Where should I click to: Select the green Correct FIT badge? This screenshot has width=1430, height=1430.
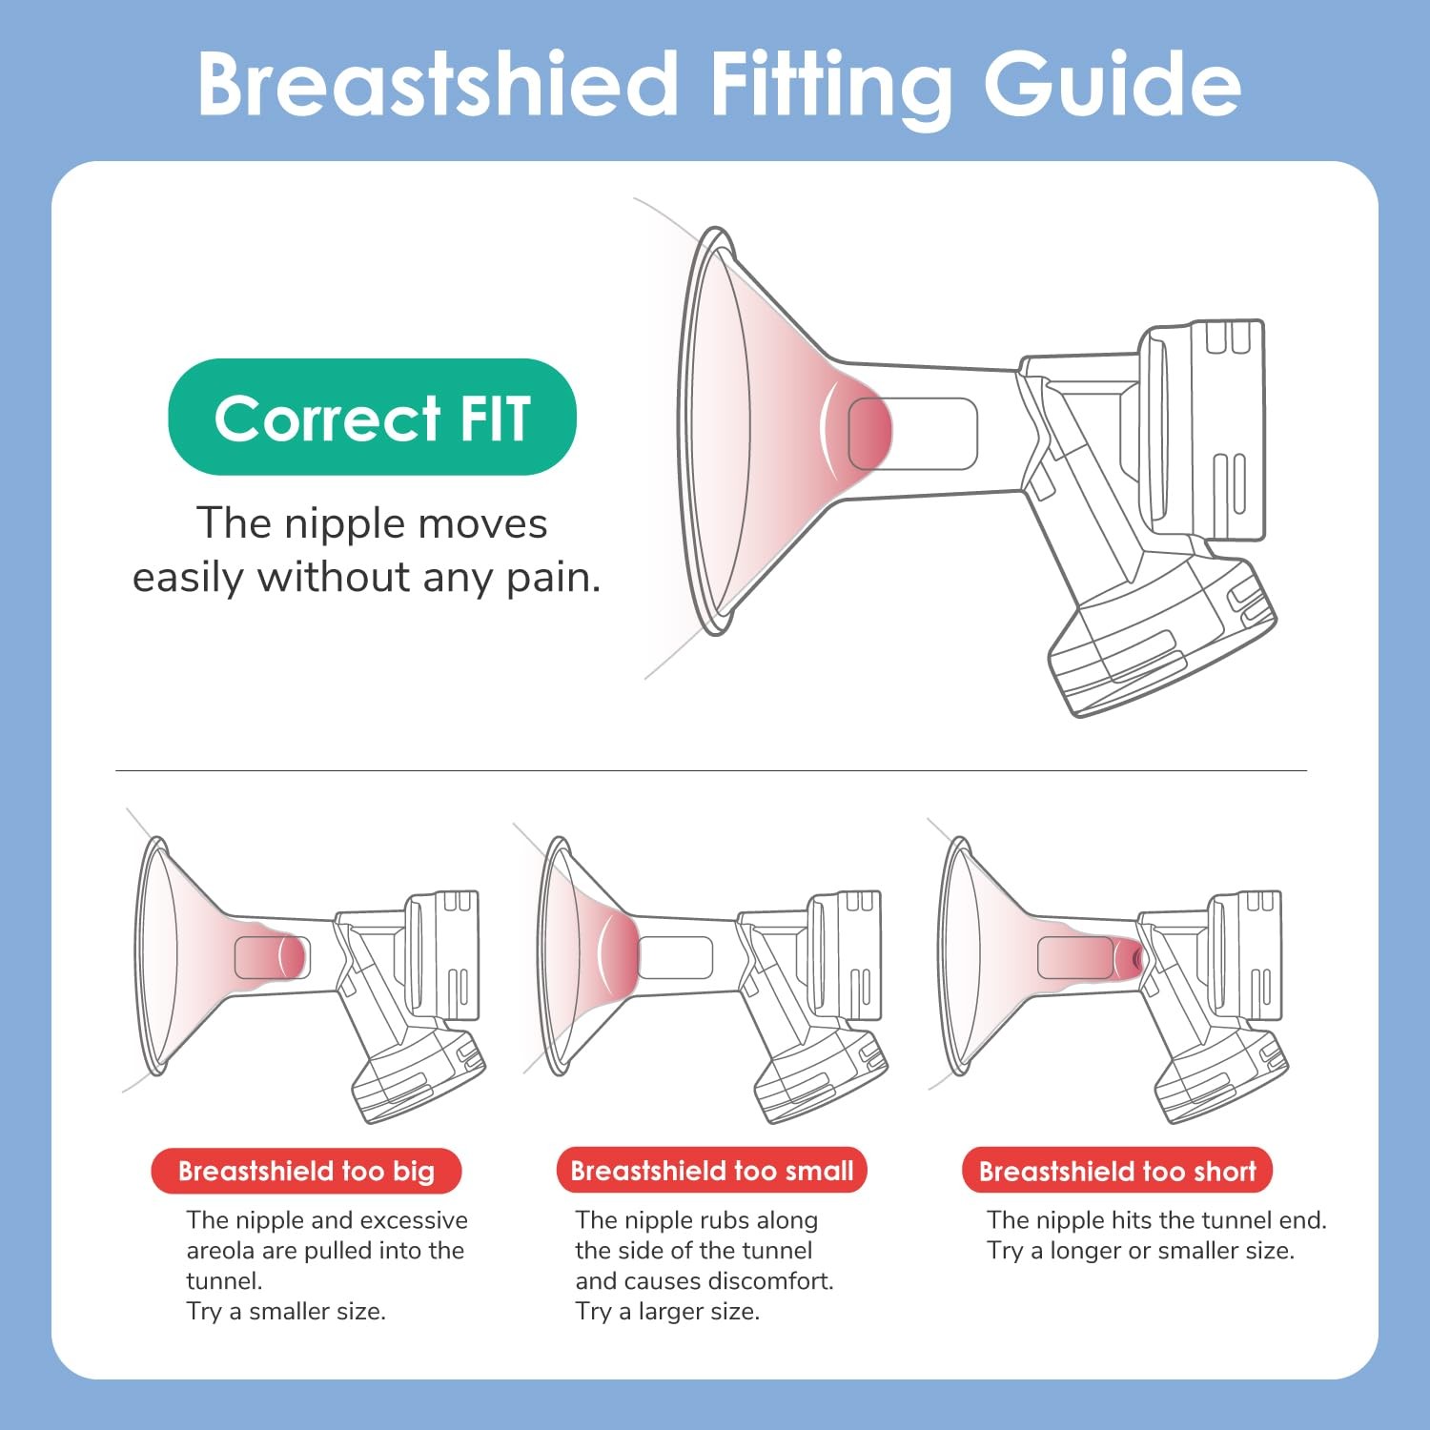[372, 417]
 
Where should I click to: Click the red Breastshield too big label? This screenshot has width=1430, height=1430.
[306, 1171]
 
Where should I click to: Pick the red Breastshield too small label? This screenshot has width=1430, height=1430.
[712, 1171]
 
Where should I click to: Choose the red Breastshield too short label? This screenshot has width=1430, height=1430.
[1117, 1171]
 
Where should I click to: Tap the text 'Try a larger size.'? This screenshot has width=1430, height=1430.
[667, 1312]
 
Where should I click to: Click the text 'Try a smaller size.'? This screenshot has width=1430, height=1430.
[286, 1312]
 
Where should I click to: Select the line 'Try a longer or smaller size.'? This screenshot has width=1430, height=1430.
[1140, 1251]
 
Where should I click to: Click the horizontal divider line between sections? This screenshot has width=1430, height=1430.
[711, 770]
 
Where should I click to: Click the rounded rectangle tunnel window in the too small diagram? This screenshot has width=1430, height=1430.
[676, 957]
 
